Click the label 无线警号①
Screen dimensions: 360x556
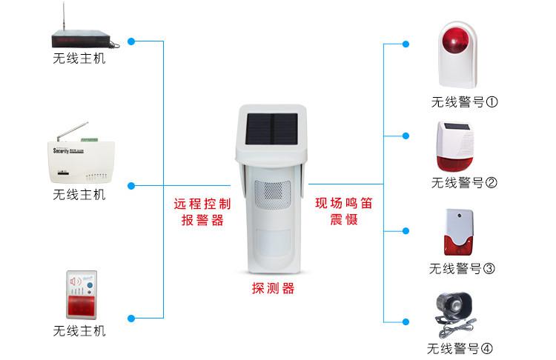tap(464, 102)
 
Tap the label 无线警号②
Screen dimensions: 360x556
tap(464, 183)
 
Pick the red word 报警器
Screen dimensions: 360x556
tap(202, 220)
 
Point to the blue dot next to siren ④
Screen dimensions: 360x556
tap(406, 321)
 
